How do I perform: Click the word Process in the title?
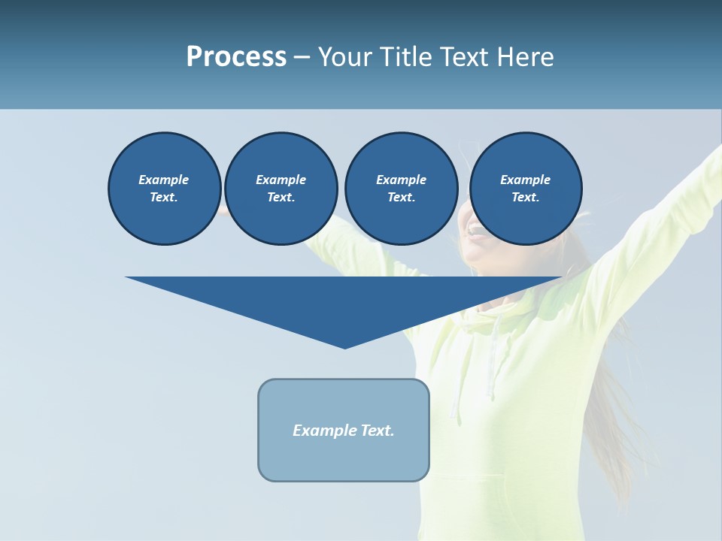(236, 57)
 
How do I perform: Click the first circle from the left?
(164, 189)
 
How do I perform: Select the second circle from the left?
(281, 189)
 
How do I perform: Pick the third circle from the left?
(401, 189)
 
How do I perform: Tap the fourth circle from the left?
(526, 189)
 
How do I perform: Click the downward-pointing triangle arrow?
(344, 304)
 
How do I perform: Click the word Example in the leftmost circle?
(164, 180)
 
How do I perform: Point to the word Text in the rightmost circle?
(525, 198)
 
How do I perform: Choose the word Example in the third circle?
(401, 180)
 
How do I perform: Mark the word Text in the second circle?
(281, 198)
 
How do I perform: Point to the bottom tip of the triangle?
(344, 347)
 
